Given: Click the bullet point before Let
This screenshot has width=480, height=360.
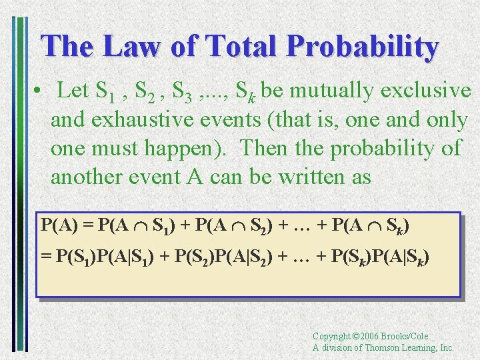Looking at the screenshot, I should click(41, 91).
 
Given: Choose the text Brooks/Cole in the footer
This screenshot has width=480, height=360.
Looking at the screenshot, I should click(406, 337).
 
